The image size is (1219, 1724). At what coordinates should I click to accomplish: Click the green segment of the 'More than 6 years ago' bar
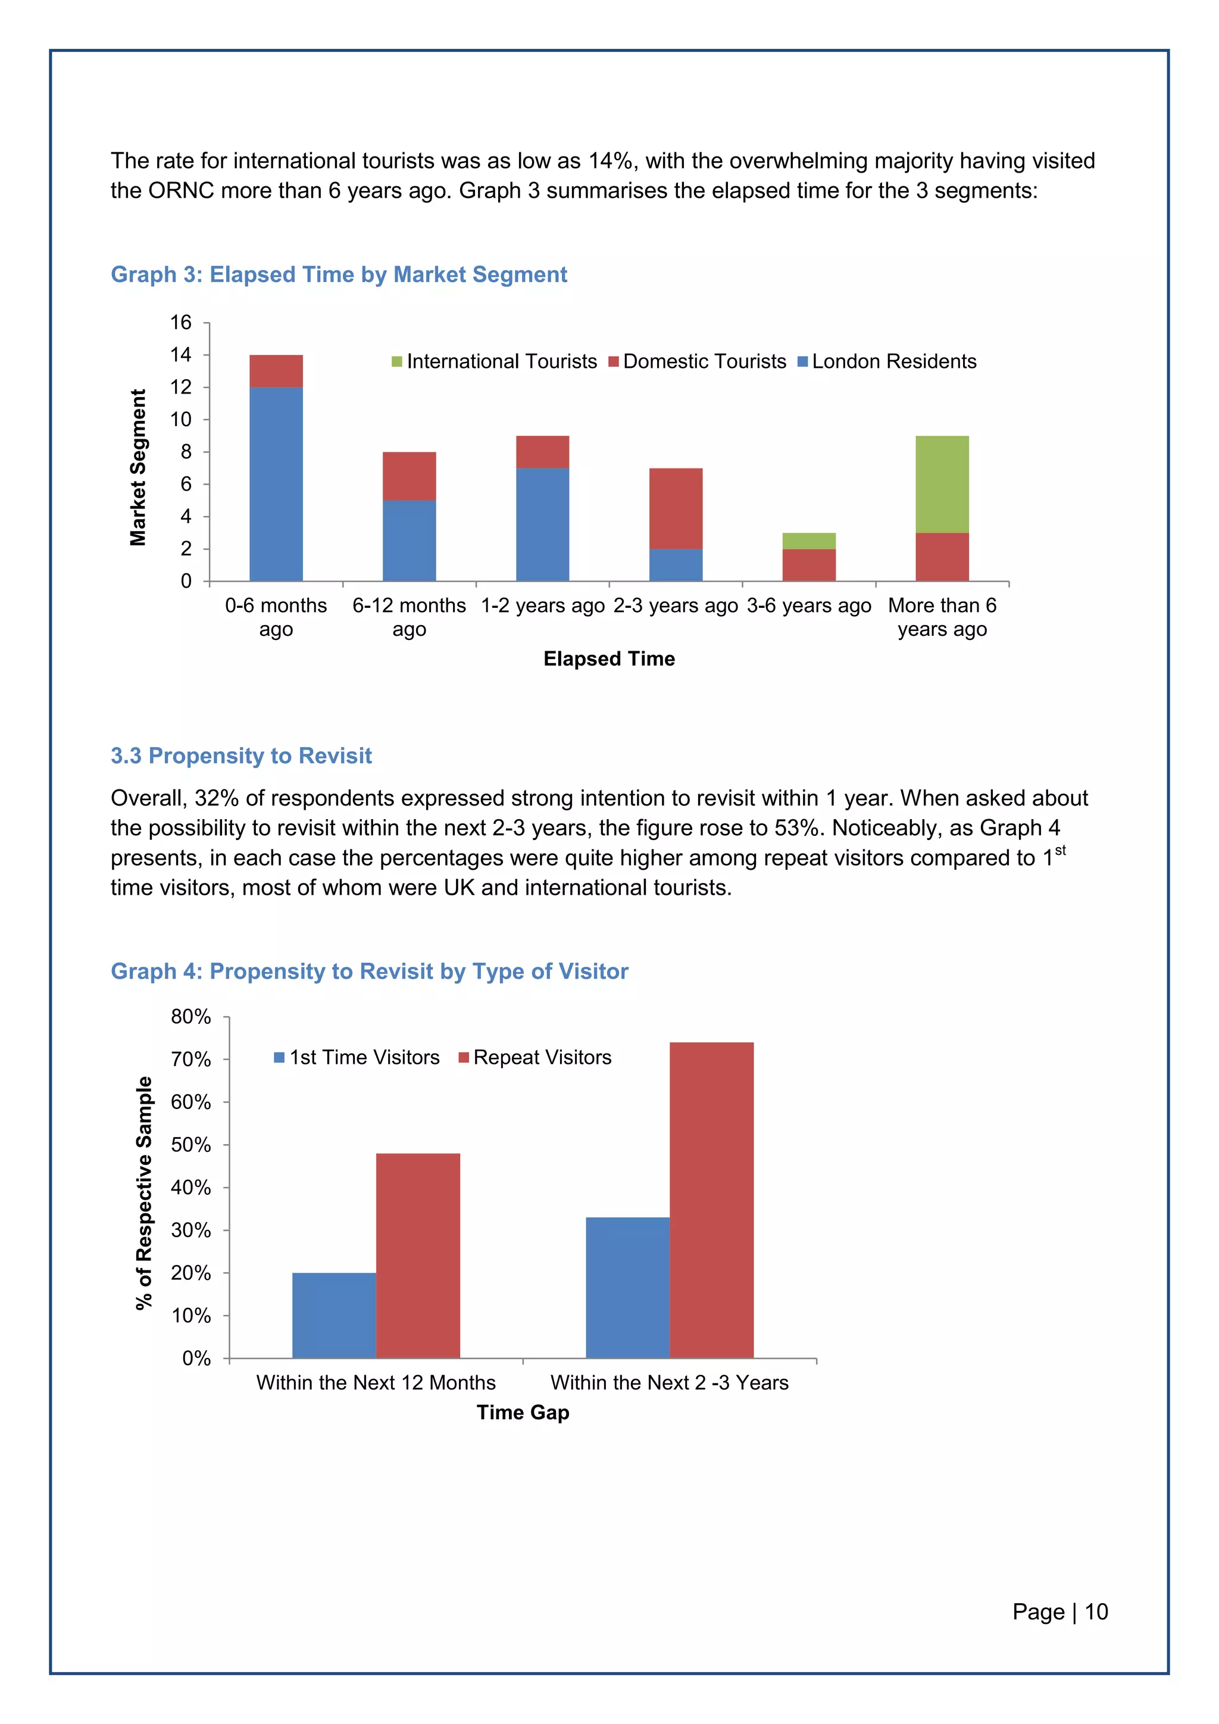pos(942,485)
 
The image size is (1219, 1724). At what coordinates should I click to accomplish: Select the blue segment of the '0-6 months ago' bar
pos(276,485)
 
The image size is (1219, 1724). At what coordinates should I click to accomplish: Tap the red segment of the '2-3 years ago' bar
pos(676,508)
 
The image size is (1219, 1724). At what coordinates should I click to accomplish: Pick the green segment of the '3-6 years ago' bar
pos(808,541)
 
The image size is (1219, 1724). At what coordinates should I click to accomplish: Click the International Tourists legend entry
pos(495,361)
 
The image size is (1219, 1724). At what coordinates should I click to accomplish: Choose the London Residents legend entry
pos(887,361)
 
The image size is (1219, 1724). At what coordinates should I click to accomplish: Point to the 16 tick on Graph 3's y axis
pos(181,323)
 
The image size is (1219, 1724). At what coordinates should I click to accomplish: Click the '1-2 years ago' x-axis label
pos(543,606)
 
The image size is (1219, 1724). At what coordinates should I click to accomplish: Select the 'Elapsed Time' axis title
pos(609,658)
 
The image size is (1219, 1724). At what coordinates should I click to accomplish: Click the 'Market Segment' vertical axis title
pos(138,467)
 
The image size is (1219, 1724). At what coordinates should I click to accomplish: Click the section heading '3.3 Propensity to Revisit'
pos(241,755)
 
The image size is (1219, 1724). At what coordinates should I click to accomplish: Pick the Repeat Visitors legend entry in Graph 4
pos(535,1057)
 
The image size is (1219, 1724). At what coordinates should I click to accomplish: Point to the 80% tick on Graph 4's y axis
pos(192,1017)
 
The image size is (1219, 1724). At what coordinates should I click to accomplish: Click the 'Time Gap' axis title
pos(523,1413)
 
